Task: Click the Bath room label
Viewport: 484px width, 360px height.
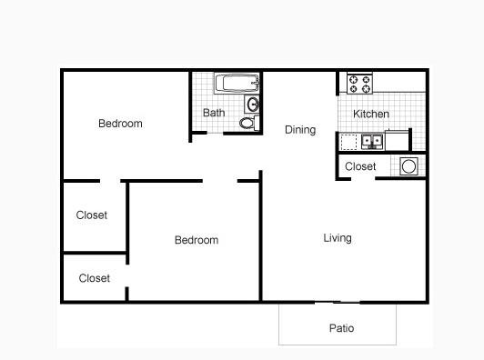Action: (x=214, y=113)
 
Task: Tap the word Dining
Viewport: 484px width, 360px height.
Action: (x=300, y=130)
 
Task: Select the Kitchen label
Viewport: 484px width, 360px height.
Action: (x=370, y=114)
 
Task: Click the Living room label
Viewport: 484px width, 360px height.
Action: (x=338, y=238)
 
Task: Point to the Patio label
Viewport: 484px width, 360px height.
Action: (x=341, y=328)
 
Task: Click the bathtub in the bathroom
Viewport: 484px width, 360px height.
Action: (x=237, y=83)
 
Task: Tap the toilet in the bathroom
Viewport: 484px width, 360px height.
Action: (x=249, y=123)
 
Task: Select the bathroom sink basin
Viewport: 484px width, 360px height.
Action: (x=253, y=105)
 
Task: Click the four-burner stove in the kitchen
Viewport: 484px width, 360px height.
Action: (x=359, y=84)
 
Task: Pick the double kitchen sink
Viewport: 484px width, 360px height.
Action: (x=372, y=142)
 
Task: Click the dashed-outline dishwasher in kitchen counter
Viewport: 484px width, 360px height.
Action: (x=348, y=142)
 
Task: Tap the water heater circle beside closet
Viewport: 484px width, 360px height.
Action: (x=408, y=166)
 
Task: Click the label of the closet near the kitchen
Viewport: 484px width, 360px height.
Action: (x=360, y=166)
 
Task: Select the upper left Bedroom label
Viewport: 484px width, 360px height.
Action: (x=120, y=124)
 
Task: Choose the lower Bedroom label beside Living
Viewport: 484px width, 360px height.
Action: (x=197, y=240)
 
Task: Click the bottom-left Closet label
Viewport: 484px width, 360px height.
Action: (x=94, y=278)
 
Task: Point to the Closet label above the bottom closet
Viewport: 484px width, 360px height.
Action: (x=92, y=215)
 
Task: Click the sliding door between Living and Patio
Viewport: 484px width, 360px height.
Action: (x=338, y=303)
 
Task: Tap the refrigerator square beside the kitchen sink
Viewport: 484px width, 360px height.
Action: (x=397, y=141)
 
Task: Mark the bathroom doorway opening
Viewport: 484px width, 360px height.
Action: (x=215, y=134)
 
